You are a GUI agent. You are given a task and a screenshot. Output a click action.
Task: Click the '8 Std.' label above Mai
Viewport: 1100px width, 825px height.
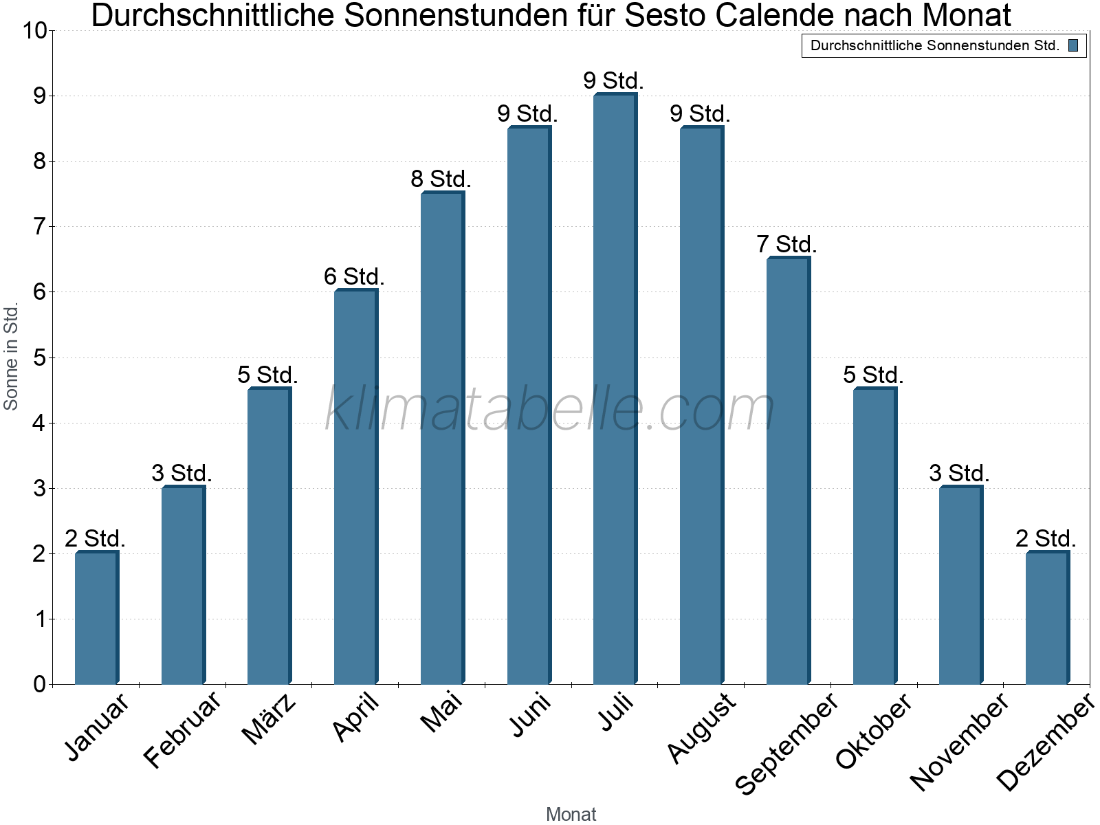coord(441,179)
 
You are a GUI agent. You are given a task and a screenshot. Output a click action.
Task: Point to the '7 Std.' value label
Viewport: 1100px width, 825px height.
coord(786,245)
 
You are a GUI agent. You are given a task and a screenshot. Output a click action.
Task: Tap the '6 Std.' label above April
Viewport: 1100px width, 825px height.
coord(354,277)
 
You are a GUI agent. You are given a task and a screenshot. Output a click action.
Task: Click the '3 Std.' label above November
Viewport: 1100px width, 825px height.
coord(959,474)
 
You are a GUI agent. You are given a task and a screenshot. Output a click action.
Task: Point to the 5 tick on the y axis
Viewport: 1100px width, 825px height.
coord(38,357)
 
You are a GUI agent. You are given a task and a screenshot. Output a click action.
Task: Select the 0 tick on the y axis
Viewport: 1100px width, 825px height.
coord(38,684)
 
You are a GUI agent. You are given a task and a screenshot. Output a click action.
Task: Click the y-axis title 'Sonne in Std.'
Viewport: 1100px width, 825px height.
coord(11,357)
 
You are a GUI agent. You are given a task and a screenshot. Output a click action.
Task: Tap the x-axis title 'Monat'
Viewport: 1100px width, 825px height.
coord(571,814)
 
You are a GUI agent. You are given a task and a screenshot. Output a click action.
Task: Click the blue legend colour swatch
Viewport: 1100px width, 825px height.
coord(1073,46)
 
